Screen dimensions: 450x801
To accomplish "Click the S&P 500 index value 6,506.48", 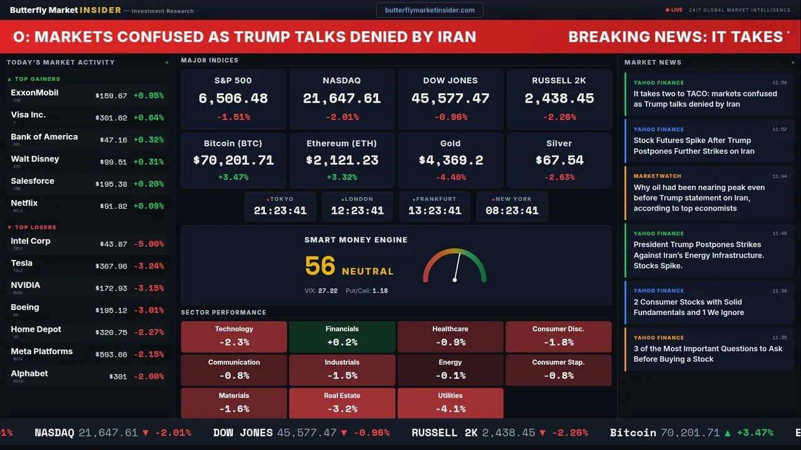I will (233, 98).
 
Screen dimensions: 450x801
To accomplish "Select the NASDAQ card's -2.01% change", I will (342, 117).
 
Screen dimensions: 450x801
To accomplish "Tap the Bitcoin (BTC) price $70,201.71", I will (233, 160).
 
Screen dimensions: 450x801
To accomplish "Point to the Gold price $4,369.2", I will (451, 160).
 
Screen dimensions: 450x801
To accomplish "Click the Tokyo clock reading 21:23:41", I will (280, 211).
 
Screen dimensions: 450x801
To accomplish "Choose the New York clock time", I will (512, 211).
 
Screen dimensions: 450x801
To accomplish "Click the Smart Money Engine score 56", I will (320, 266).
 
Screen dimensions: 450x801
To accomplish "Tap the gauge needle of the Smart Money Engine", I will (457, 266).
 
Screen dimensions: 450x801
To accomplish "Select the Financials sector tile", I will (342, 336).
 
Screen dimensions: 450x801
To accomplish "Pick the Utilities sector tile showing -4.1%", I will (450, 402).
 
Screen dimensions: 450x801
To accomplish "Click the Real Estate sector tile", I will (342, 402).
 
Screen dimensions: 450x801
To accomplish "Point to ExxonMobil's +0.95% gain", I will (148, 96).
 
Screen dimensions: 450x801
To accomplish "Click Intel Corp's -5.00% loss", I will (148, 244).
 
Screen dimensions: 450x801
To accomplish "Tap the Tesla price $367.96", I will (111, 266).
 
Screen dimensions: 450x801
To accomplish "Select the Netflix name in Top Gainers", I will (24, 203).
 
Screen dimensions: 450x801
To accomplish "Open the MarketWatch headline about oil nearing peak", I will (699, 197).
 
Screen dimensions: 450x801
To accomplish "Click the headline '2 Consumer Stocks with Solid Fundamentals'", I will (688, 307).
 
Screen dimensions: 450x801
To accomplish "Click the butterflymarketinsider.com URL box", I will (429, 10).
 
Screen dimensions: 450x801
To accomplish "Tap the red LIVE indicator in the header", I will (675, 10).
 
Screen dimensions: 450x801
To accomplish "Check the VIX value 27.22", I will (327, 291).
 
